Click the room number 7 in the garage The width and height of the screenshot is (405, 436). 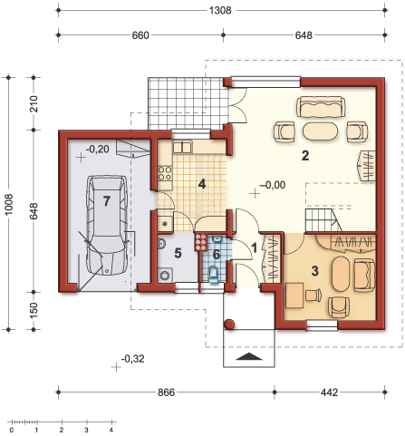[x=106, y=200]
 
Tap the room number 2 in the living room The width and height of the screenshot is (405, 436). [x=306, y=156]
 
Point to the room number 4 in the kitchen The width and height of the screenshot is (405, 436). [x=202, y=184]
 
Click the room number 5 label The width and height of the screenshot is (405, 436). [x=178, y=253]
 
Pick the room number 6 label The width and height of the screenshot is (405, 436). [x=216, y=254]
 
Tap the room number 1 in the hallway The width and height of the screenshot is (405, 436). [x=255, y=246]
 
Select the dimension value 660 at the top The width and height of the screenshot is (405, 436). [x=140, y=36]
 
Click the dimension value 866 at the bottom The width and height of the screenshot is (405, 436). [x=164, y=392]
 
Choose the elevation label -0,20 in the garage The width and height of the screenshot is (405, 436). [x=96, y=148]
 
